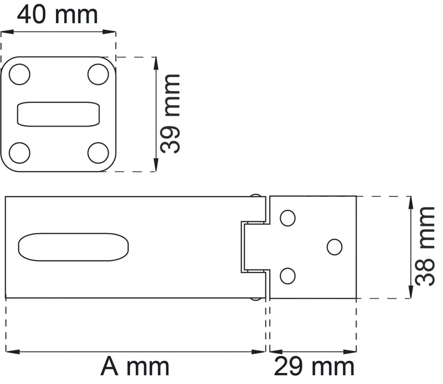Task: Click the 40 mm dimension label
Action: pos(58,15)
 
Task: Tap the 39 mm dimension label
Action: pos(170,114)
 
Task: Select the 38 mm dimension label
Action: pos(425,246)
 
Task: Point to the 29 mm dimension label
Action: pos(314,366)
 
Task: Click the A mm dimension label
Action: pos(135,366)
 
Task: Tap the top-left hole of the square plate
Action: pos(19,75)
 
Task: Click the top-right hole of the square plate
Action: pos(98,75)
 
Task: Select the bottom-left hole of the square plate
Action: pos(19,153)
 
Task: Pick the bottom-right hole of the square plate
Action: pos(98,153)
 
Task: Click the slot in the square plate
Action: pos(59,114)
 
